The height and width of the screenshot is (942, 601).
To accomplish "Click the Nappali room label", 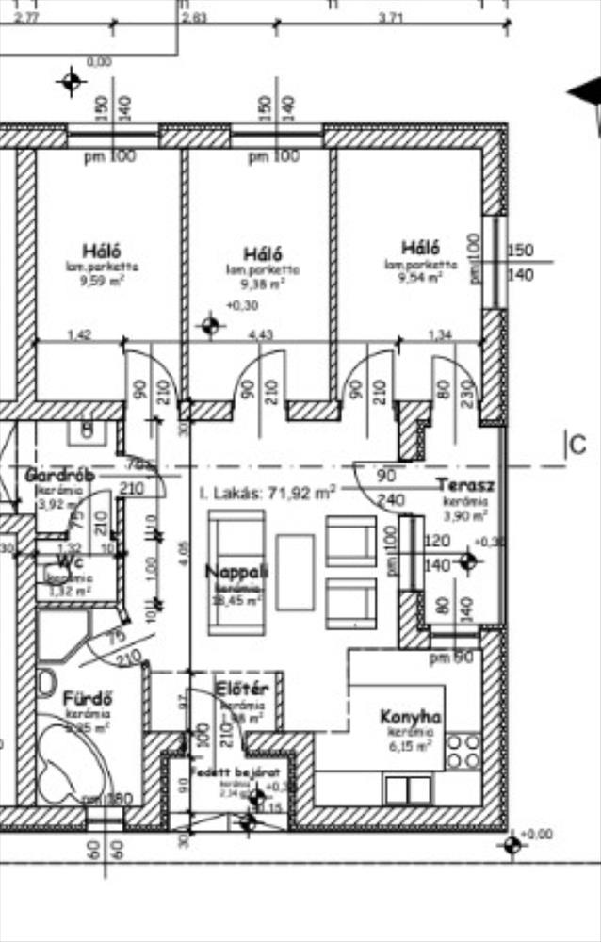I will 237,571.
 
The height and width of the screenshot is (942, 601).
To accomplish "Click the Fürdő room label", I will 88,699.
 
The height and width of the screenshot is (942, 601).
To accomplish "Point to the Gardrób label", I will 59,475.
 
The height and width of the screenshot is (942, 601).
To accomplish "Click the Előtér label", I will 242,689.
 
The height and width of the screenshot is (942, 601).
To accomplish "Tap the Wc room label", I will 58,562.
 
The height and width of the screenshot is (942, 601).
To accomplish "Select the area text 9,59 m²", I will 103,279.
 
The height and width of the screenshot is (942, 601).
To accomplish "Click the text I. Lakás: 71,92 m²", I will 268,492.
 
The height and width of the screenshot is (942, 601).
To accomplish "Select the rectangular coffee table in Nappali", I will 295,574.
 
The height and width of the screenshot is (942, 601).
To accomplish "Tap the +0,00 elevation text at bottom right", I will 539,835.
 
